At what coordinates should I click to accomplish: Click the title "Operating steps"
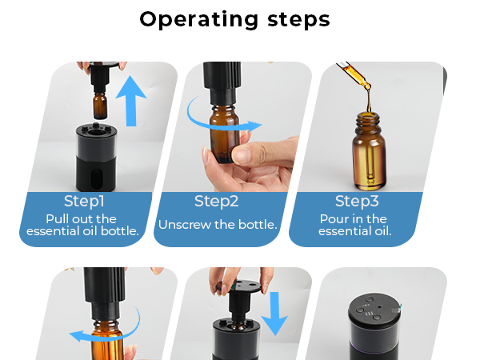point(234,19)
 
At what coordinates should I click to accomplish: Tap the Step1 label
point(84,201)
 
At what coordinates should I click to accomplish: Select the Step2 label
point(218,201)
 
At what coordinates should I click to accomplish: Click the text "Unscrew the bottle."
point(218,225)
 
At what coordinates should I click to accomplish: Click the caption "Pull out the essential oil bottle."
point(83,225)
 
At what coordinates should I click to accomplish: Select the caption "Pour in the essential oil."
point(354,225)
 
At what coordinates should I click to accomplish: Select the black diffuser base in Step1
point(95,160)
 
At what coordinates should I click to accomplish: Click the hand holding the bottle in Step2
point(256,164)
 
